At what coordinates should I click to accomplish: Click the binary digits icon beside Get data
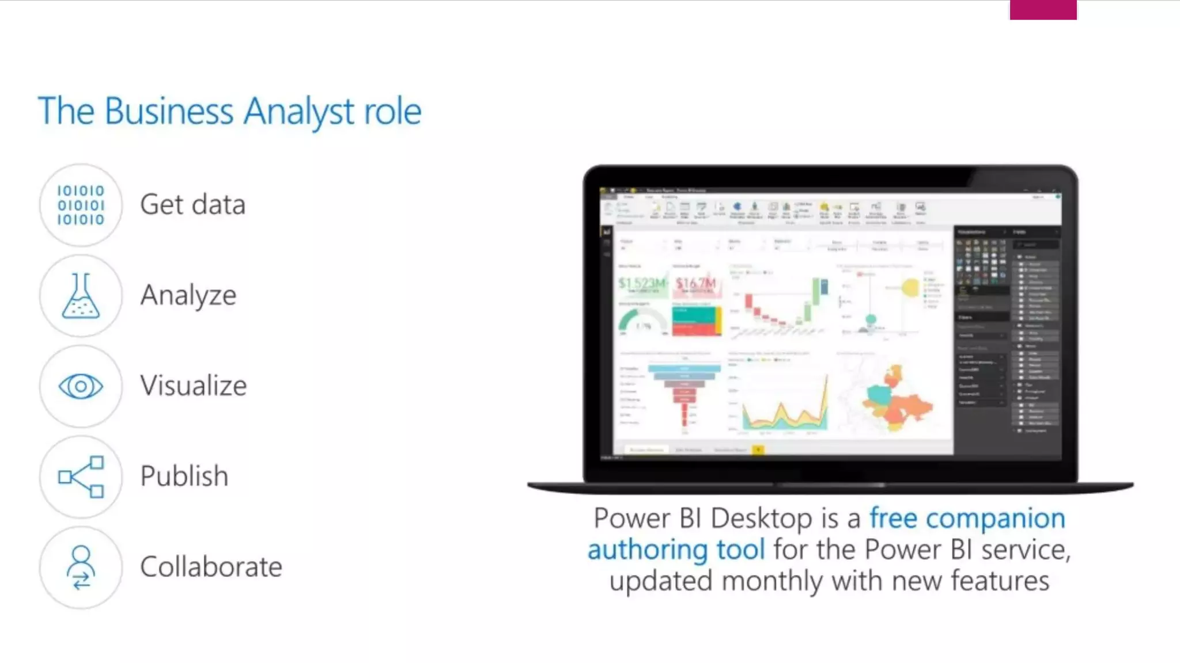pyautogui.click(x=81, y=205)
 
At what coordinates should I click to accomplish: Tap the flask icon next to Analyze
pyautogui.click(x=81, y=296)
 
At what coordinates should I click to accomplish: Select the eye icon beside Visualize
pyautogui.click(x=81, y=386)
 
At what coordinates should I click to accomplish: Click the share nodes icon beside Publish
pyautogui.click(x=81, y=477)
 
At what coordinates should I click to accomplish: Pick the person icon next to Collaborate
pyautogui.click(x=81, y=567)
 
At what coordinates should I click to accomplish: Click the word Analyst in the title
pyautogui.click(x=298, y=111)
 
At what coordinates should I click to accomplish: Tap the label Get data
pyautogui.click(x=192, y=204)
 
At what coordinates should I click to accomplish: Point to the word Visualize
pyautogui.click(x=193, y=386)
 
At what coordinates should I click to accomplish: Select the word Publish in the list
pyautogui.click(x=184, y=476)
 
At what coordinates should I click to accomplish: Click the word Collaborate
pyautogui.click(x=211, y=567)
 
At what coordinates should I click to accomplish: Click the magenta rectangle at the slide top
pyautogui.click(x=1043, y=10)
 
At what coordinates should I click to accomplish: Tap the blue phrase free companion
pyautogui.click(x=967, y=518)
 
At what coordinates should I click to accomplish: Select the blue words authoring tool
pyautogui.click(x=676, y=549)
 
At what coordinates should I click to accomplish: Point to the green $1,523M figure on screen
pyautogui.click(x=641, y=283)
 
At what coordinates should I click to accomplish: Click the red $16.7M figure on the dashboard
pyautogui.click(x=695, y=283)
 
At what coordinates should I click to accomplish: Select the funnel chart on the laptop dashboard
pyautogui.click(x=684, y=391)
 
